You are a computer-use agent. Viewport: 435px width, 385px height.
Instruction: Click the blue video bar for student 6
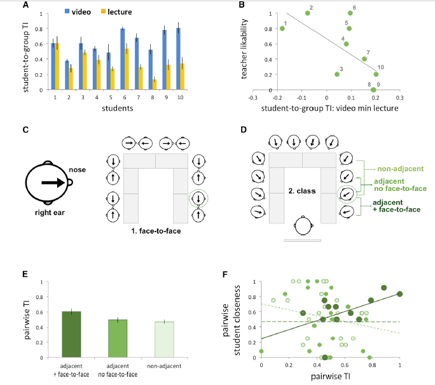[x=123, y=59]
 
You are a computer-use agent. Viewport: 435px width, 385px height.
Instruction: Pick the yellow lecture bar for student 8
[x=155, y=85]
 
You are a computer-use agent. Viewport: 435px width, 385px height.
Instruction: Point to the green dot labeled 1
[x=282, y=29]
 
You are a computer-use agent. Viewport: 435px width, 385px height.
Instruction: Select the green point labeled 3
[x=337, y=74]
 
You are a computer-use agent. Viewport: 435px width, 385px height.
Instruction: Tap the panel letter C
[x=25, y=130]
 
